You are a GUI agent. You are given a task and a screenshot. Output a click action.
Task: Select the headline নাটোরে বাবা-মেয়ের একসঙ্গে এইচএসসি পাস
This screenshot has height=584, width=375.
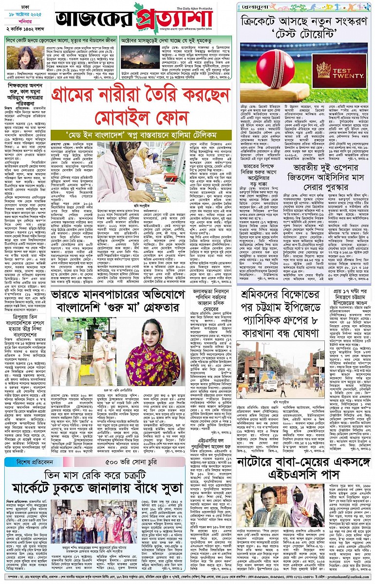click(x=304, y=467)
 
